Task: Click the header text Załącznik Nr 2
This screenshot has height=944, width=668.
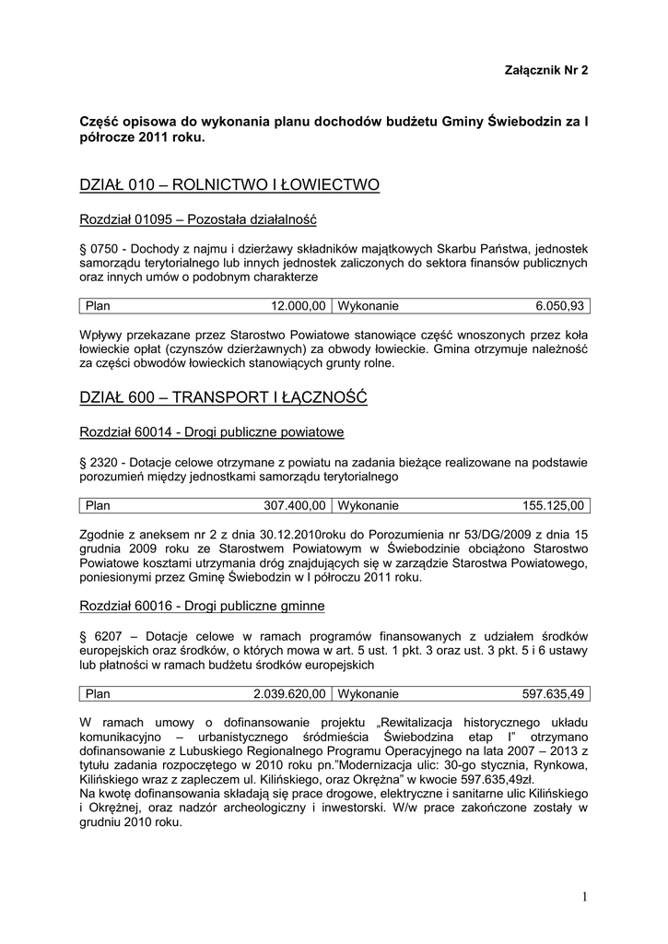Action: click(546, 70)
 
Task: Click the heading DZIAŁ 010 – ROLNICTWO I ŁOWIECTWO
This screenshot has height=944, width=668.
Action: click(229, 185)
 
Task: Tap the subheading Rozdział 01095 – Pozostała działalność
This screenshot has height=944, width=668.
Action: click(198, 220)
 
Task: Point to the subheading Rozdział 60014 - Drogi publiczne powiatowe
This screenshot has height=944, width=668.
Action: click(212, 432)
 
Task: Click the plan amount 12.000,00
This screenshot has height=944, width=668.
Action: click(298, 306)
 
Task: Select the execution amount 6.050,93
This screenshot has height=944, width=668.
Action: click(559, 306)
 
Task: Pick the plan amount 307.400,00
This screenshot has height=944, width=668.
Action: click(295, 505)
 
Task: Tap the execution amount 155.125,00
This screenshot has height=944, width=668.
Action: click(553, 505)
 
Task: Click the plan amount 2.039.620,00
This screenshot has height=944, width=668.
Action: click(289, 693)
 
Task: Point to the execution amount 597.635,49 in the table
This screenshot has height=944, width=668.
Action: click(553, 693)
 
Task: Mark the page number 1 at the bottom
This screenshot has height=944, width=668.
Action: click(584, 897)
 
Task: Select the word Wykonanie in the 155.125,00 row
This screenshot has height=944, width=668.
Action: click(369, 505)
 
